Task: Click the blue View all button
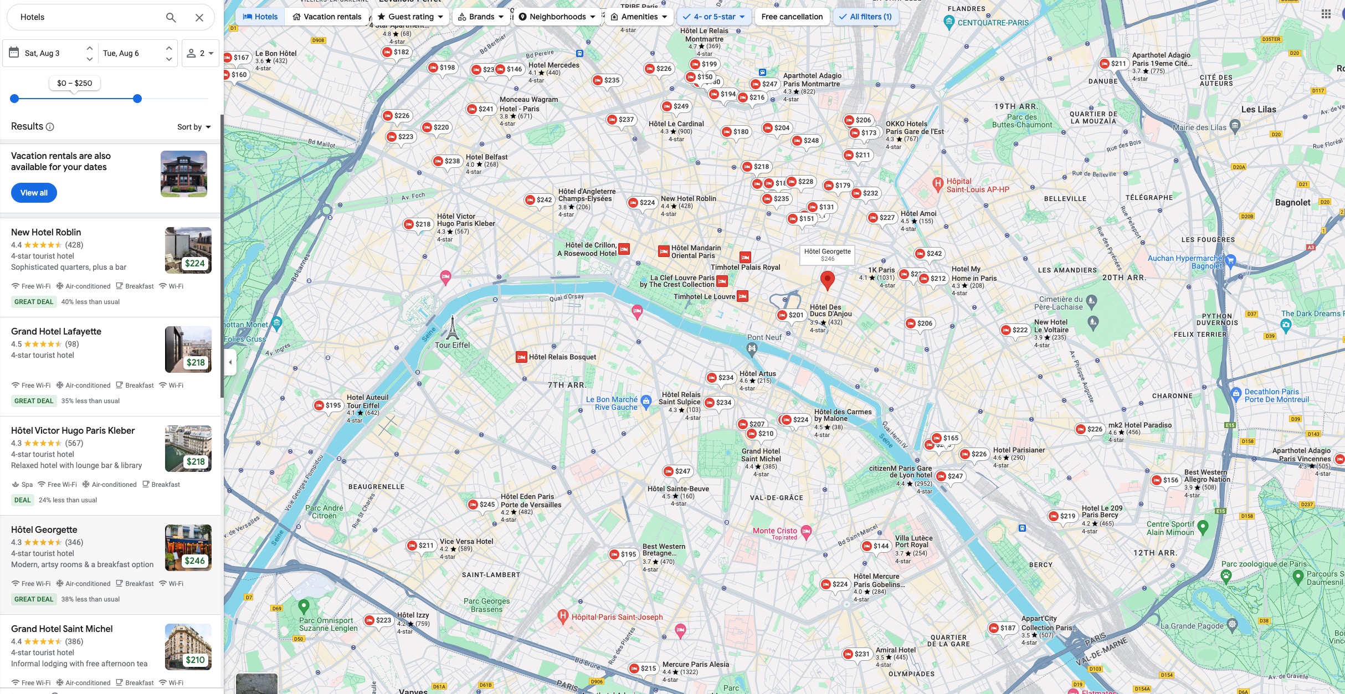point(34,193)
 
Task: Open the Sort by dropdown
point(194,127)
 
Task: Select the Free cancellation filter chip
point(792,17)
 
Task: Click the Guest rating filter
point(410,17)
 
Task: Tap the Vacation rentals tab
point(327,17)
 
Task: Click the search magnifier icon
point(171,18)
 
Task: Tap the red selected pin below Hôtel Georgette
point(827,280)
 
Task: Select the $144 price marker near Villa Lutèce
point(876,546)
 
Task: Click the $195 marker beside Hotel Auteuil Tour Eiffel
point(328,405)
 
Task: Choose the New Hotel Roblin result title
point(46,232)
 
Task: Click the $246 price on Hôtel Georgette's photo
point(195,561)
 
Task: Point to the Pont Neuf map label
point(764,337)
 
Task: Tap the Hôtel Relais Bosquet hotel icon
point(521,357)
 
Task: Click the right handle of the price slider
point(137,99)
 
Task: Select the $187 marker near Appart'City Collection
point(1003,628)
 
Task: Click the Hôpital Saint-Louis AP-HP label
point(977,185)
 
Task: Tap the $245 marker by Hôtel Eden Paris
point(482,505)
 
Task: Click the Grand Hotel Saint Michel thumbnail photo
point(188,646)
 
